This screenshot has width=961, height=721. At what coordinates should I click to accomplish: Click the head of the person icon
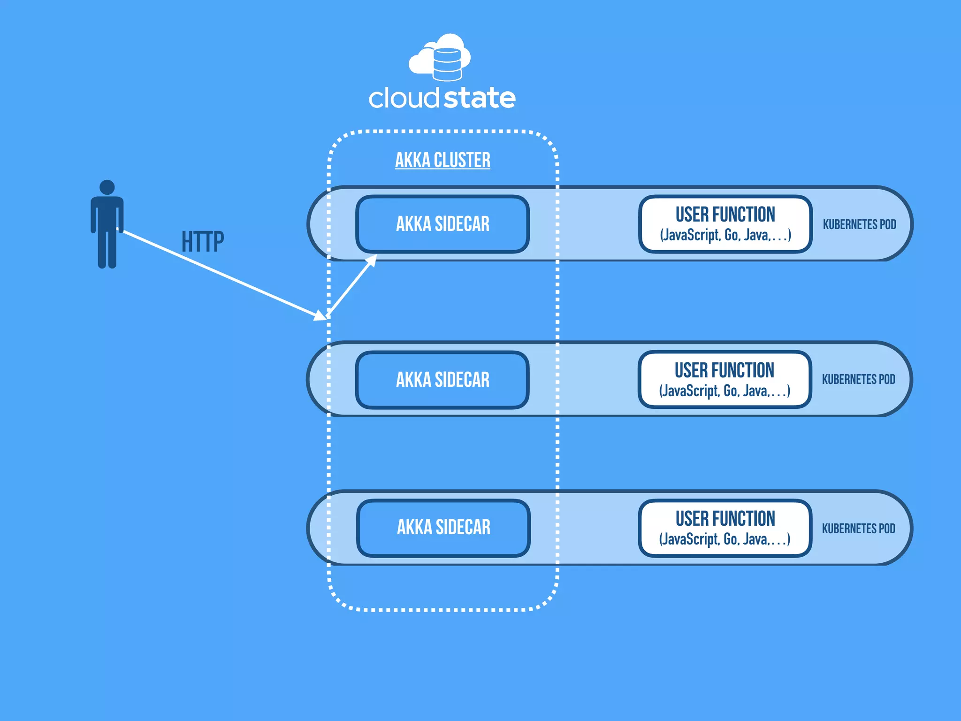coord(107,187)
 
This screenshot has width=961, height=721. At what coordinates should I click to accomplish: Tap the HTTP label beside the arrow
coord(203,242)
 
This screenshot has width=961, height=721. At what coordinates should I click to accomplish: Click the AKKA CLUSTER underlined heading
coord(442,161)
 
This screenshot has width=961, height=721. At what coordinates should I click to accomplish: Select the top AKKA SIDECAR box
coord(442,224)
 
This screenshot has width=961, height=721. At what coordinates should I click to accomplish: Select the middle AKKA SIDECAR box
coord(442,380)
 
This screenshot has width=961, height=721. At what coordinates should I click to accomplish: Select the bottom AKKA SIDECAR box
coord(443,528)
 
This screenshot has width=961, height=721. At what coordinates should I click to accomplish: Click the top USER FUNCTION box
coord(725,224)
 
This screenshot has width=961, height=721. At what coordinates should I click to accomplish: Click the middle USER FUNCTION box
coord(725,379)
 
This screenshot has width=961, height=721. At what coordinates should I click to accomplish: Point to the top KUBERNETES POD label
coord(859,224)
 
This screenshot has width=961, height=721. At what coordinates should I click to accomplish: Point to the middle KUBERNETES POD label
coord(858,379)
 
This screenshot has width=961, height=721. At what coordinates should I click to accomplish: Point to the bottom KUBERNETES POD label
coord(858,529)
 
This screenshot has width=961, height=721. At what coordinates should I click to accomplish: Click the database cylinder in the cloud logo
coord(447,64)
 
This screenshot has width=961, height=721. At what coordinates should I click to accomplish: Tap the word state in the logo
coord(480,98)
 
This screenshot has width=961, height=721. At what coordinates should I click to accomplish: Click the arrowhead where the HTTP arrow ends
coord(320,315)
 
